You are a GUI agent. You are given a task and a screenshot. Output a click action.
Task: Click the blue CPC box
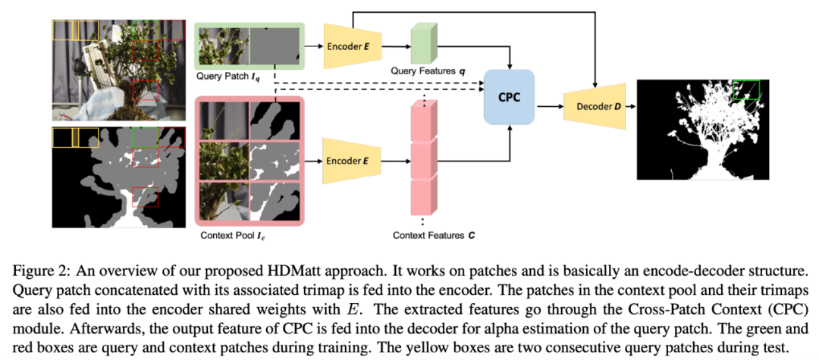pos(510,97)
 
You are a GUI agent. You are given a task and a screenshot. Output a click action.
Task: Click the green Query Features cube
pos(422,44)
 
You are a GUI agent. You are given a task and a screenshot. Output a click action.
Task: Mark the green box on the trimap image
pos(144,138)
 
